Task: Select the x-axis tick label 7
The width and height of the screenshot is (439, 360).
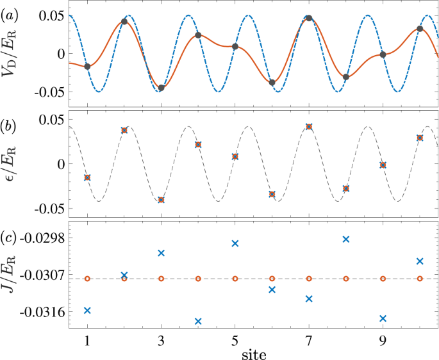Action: coord(309,340)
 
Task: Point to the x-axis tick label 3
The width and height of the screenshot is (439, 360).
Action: coord(161,340)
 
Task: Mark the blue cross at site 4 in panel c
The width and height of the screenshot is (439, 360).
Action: coord(198,321)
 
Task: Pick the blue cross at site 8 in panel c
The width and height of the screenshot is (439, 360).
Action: coord(346,239)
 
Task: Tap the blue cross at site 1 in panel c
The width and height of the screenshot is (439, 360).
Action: coord(87,310)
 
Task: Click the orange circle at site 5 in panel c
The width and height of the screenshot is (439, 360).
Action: coord(235,279)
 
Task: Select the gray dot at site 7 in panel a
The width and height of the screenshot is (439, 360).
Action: coord(309,18)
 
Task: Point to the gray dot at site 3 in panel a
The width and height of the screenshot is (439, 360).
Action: coord(161,88)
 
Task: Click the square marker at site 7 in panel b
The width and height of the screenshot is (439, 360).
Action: coord(309,127)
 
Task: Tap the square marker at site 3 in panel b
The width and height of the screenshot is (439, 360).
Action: coord(161,200)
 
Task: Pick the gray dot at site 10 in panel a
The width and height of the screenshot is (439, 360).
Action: coord(420,29)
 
